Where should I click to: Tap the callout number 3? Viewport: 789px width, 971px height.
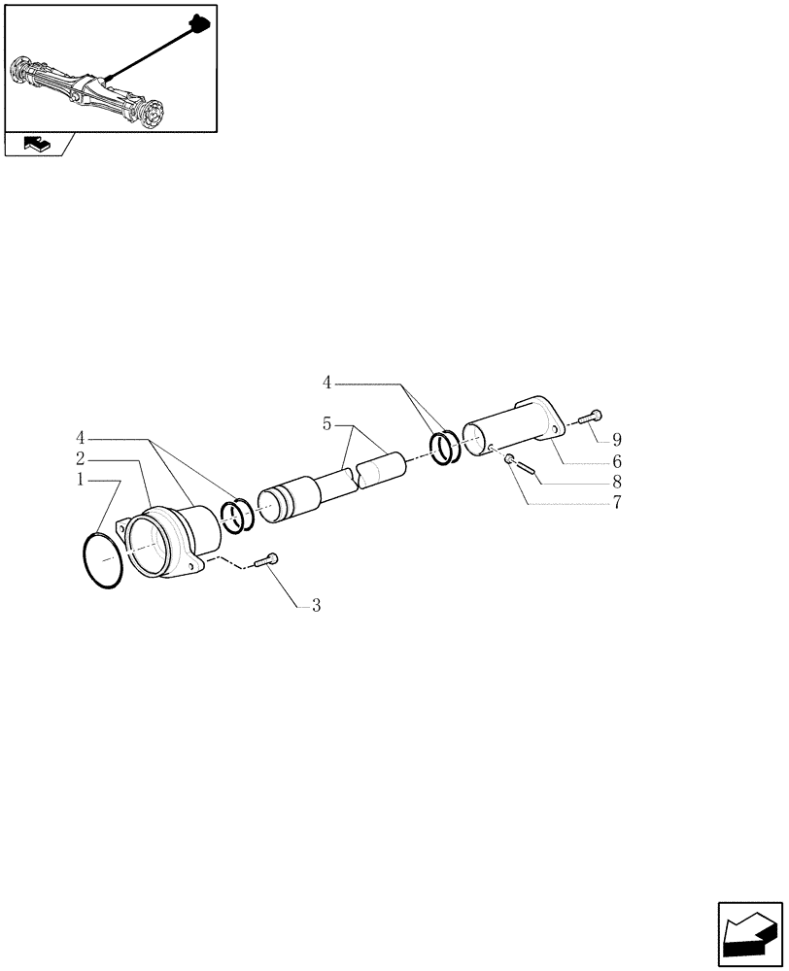coord(316,606)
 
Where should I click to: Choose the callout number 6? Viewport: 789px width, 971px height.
coord(616,461)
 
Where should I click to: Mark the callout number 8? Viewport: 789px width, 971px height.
coord(616,482)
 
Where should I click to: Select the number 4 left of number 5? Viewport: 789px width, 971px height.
coord(328,384)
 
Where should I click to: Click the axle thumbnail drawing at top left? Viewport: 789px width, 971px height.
coord(109,68)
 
